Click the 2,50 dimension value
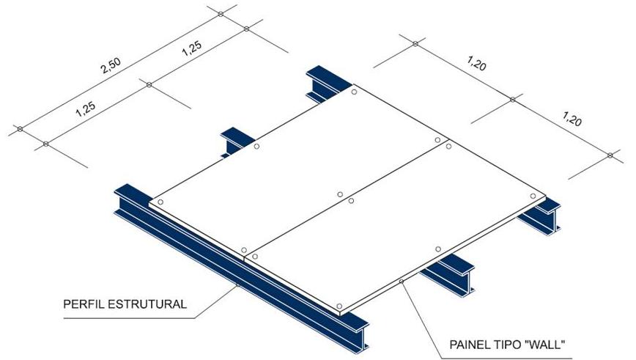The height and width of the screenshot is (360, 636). coord(111,66)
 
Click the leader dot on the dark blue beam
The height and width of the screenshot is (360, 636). coord(237,285)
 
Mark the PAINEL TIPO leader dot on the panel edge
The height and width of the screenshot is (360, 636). coord(401,282)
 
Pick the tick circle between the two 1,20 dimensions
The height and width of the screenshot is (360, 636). coord(512,100)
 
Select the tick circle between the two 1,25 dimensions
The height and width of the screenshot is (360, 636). coord(149,84)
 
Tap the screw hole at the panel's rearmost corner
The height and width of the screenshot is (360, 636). coord(354,92)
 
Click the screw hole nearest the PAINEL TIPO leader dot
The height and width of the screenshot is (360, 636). coord(438,249)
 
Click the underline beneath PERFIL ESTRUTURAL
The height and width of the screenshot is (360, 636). coord(129,318)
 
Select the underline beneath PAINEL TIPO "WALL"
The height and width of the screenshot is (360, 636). coord(507,359)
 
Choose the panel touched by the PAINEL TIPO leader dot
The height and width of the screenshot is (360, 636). coord(396,227)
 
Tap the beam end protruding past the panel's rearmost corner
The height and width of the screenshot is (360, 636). coord(327,83)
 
